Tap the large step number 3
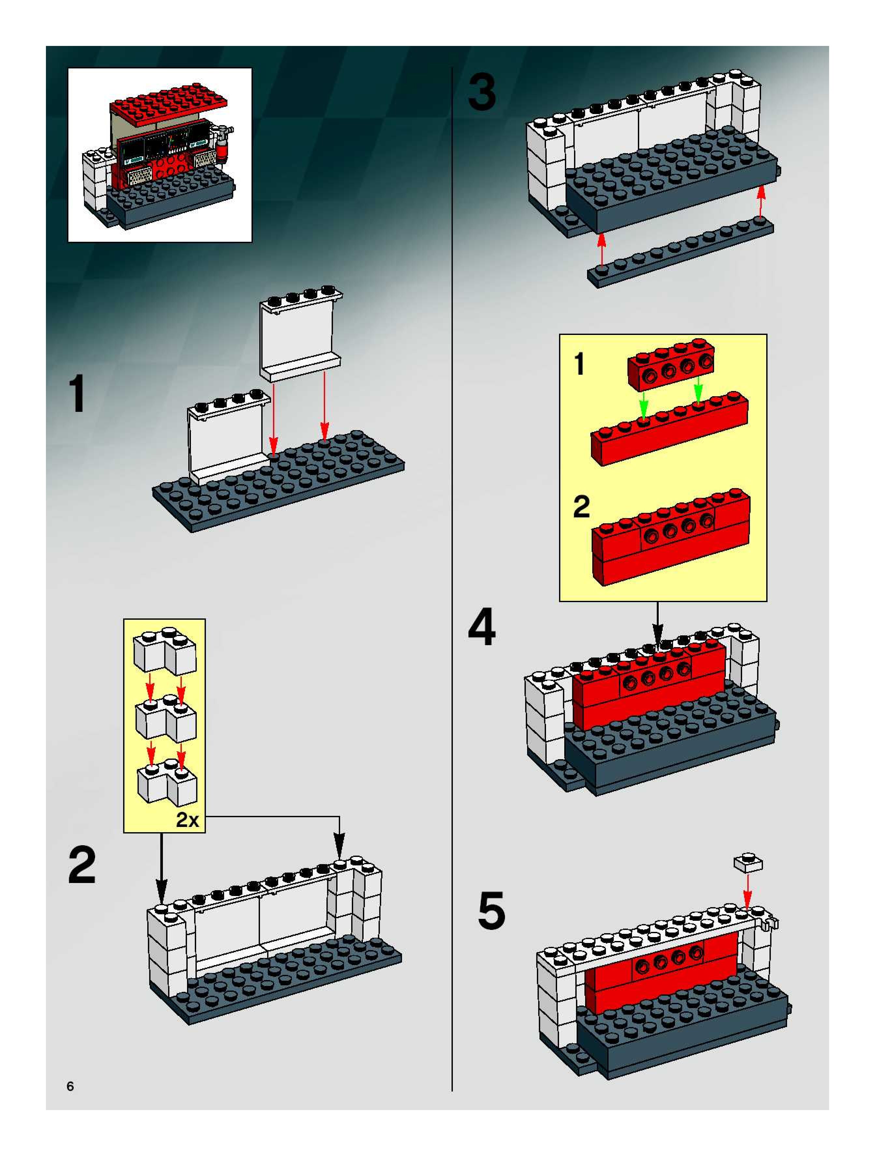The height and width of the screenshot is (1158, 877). (482, 92)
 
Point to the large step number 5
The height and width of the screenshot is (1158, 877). (492, 911)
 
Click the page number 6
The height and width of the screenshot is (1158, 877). (70, 1086)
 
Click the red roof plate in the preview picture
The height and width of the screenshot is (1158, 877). (170, 105)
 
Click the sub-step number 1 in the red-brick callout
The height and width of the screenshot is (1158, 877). (579, 364)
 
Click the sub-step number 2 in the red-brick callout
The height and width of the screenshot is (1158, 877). (581, 507)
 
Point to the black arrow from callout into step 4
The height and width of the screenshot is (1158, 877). (658, 626)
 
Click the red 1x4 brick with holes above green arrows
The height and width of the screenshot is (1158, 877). (671, 365)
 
